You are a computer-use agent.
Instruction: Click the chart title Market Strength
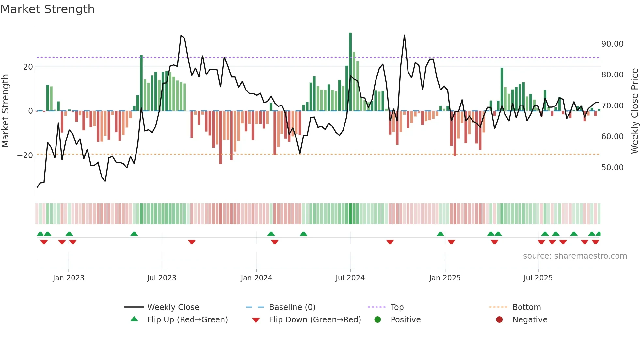point(47,9)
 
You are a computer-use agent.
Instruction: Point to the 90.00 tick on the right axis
point(612,44)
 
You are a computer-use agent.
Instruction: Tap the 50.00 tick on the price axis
point(612,168)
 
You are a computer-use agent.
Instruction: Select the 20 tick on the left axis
point(28,67)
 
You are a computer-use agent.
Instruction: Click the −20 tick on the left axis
point(25,155)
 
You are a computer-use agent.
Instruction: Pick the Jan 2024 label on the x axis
point(256,278)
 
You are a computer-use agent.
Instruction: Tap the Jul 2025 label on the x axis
point(538,278)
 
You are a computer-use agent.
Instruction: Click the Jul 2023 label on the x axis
point(162,278)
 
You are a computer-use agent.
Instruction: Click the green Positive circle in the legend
point(378,320)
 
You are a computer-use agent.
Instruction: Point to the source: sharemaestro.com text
point(575,256)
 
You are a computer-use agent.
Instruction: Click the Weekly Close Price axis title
point(634,111)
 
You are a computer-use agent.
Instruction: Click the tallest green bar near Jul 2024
point(350,72)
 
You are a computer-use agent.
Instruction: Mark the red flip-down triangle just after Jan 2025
point(451,242)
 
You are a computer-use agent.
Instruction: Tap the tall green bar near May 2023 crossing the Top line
point(141,83)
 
